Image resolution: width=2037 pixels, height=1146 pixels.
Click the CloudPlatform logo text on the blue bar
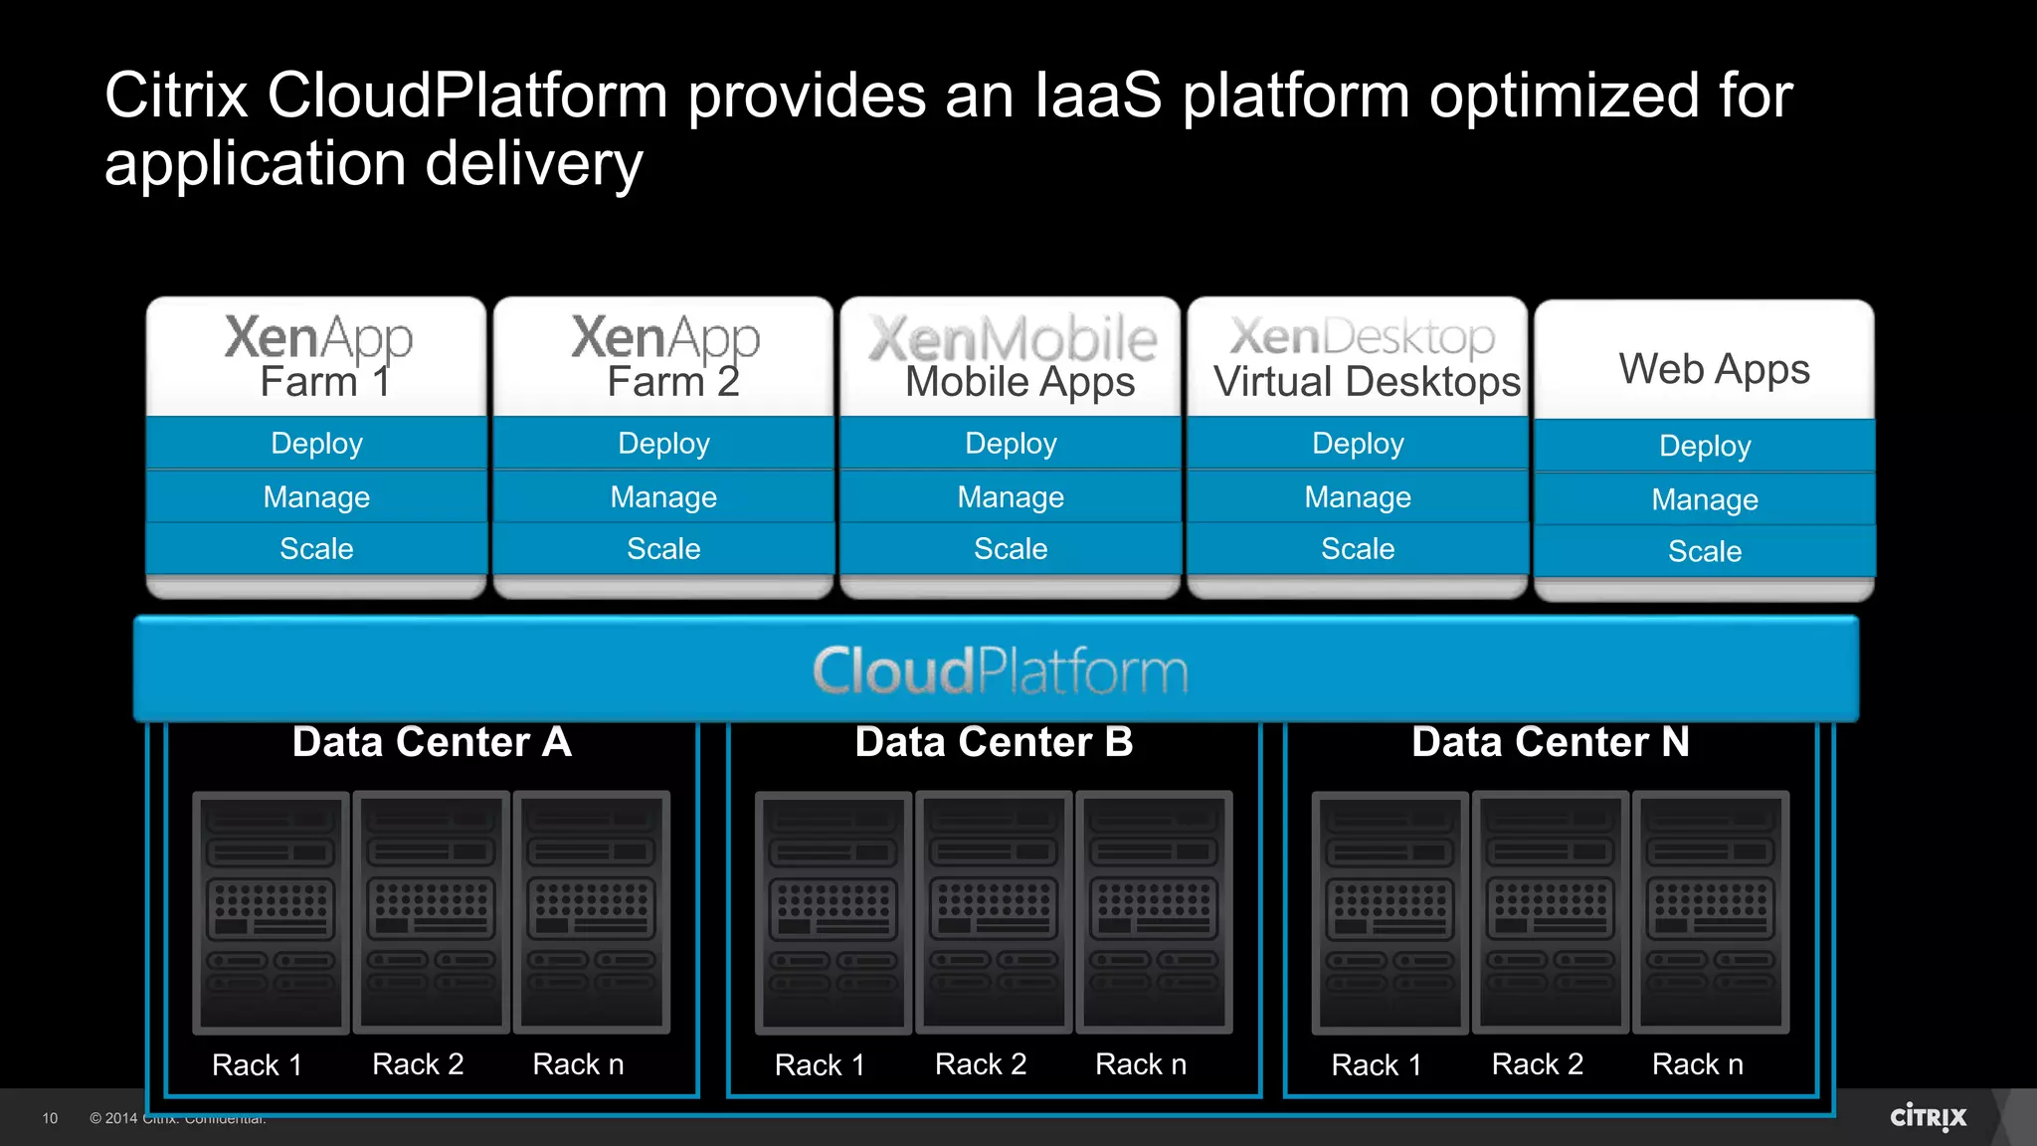[1000, 670]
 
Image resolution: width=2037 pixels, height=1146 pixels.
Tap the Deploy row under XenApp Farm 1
[316, 443]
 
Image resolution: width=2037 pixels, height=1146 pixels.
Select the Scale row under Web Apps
[1704, 551]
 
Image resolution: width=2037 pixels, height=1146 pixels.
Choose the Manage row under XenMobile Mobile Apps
[1011, 496]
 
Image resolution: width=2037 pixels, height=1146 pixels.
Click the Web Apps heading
[1714, 369]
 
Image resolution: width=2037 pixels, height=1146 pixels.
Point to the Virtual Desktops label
[1367, 382]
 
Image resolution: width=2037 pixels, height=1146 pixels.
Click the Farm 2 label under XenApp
[673, 382]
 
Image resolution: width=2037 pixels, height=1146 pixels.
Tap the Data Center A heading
[432, 742]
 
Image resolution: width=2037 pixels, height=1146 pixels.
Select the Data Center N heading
[1550, 742]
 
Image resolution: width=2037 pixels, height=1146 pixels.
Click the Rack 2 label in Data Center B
[981, 1064]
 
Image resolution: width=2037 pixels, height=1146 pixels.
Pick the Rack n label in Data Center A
[578, 1064]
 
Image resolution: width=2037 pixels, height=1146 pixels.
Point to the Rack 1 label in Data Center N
[1377, 1065]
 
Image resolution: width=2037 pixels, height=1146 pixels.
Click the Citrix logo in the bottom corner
[1928, 1117]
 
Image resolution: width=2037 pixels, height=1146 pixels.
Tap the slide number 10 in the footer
[50, 1118]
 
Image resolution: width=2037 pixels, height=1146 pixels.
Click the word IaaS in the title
[1097, 95]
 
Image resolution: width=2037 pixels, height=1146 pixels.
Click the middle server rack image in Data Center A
[431, 910]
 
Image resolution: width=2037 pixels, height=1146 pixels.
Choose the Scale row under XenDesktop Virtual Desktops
[1358, 548]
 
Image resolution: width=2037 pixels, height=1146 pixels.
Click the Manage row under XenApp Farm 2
[663, 496]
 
